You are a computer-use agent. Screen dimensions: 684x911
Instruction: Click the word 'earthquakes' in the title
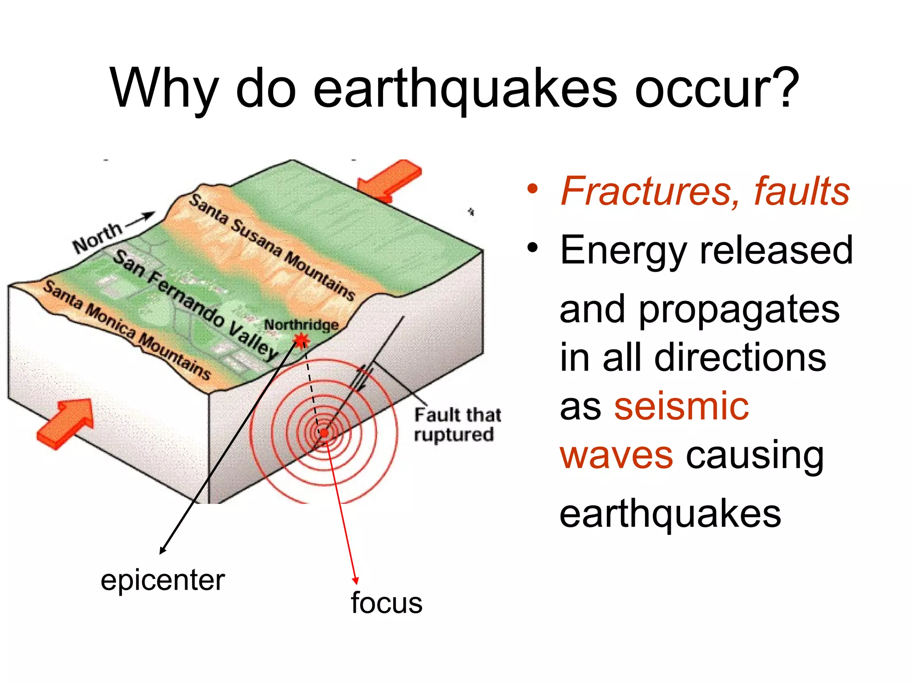(x=465, y=89)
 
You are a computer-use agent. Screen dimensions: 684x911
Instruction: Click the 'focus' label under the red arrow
(x=386, y=603)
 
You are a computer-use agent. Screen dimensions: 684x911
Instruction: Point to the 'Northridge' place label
(x=301, y=325)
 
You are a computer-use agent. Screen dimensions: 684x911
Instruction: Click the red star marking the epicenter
(x=302, y=341)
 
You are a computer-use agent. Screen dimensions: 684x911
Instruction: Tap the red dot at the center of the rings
(x=324, y=432)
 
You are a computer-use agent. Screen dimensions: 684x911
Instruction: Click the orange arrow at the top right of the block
(x=389, y=180)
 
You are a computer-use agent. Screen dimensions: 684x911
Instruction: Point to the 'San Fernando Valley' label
(x=196, y=305)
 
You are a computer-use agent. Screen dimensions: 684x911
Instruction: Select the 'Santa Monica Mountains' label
(x=127, y=330)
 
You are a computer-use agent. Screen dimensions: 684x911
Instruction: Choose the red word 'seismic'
(x=681, y=406)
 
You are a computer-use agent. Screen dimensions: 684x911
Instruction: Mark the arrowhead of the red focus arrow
(x=355, y=580)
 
